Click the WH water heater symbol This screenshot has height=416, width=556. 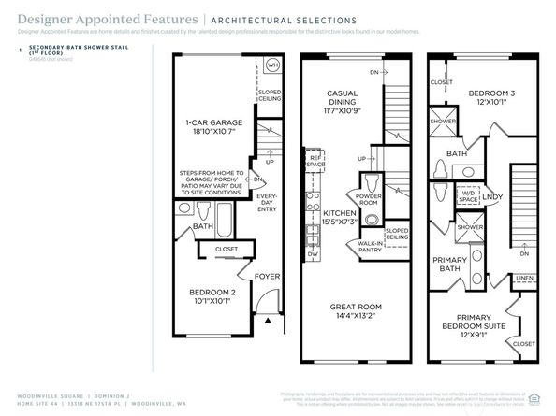click(271, 65)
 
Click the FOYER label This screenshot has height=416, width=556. click(269, 276)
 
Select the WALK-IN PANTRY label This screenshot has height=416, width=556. click(371, 247)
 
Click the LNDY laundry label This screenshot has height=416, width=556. click(493, 197)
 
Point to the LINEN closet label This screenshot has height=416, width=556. click(524, 277)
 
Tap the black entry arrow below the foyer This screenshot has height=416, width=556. click(269, 321)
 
